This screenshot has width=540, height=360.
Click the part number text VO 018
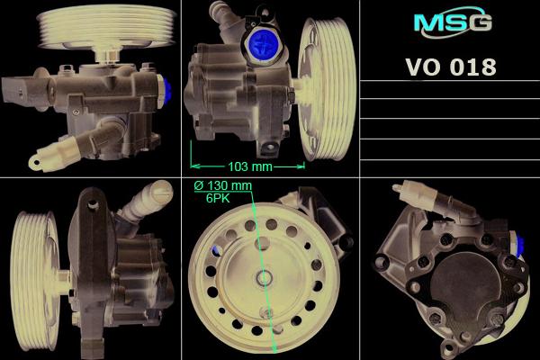pyautogui.click(x=451, y=67)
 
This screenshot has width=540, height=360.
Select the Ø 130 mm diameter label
pyautogui.click(x=223, y=185)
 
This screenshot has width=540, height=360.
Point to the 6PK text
pyautogui.click(x=218, y=198)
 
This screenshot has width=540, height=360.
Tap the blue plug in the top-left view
pyautogui.click(x=167, y=90)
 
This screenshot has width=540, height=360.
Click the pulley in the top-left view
pyautogui.click(x=106, y=27)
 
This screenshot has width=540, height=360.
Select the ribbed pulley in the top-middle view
pyautogui.click(x=328, y=89)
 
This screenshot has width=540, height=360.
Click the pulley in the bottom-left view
pyautogui.click(x=34, y=281)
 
